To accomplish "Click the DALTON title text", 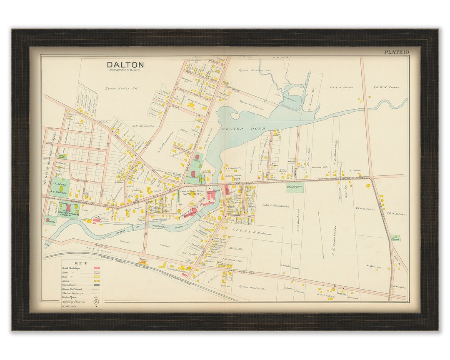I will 125,65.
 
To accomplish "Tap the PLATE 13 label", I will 396,52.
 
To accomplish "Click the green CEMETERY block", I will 295,187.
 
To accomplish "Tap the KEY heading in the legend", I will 81,263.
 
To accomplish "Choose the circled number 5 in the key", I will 96,301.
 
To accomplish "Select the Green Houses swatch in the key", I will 96,285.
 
